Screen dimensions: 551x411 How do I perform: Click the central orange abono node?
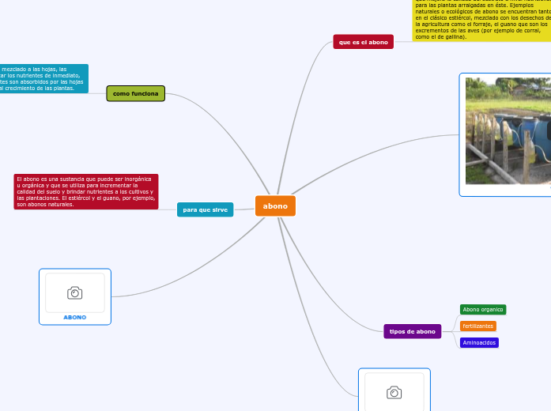[x=275, y=206]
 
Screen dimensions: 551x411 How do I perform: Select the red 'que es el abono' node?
[x=363, y=42]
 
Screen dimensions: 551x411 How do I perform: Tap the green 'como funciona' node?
[x=135, y=94]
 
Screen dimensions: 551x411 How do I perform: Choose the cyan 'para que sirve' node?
[x=205, y=210]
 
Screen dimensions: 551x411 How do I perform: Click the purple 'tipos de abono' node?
[x=413, y=331]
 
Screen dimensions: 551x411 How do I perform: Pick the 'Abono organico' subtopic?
[x=482, y=310]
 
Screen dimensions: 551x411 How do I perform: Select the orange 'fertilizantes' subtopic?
[x=477, y=326]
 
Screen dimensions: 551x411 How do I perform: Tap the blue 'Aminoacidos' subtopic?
[x=479, y=342]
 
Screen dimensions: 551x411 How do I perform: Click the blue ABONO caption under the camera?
[x=75, y=317]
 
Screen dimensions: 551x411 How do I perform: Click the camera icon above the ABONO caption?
[x=75, y=293]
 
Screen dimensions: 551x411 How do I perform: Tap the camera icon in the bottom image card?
[x=394, y=392]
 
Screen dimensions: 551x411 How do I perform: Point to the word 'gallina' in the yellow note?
[x=453, y=36]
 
